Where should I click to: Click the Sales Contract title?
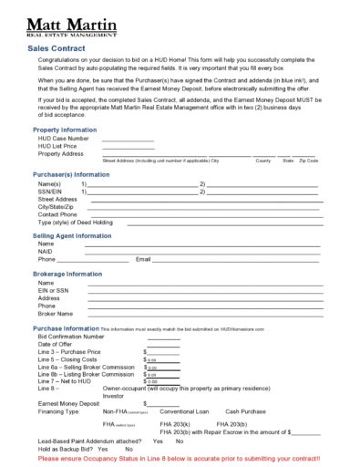pos(57,48)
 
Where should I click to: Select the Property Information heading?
pos(64,130)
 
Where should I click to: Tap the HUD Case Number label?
pos(64,139)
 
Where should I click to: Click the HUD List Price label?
pos(59,146)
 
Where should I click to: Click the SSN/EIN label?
pos(51,191)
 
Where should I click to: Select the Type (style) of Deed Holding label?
pos(76,222)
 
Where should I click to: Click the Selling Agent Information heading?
pos(72,235)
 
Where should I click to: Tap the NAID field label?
pos(46,251)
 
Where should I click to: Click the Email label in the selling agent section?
pos(143,259)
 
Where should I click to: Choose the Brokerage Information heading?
pos(67,274)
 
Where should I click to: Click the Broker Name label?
pos(56,313)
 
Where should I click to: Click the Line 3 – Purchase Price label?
pos(69,351)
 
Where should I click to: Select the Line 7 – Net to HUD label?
pos(66,381)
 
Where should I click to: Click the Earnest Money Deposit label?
pos(68,403)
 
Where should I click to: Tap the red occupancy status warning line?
pos(179,458)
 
